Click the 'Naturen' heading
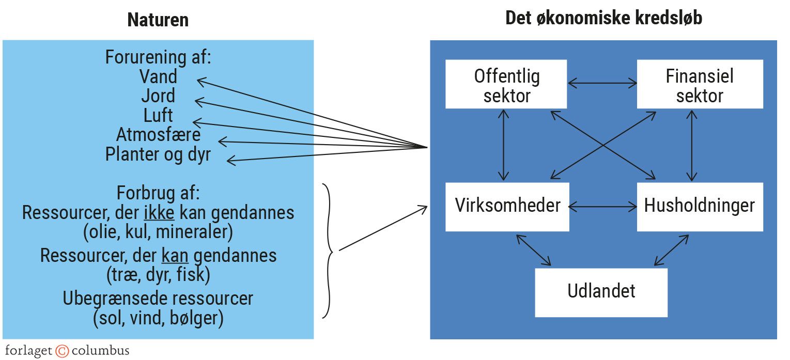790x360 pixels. point(158,20)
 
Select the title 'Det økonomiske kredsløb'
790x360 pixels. point(603,18)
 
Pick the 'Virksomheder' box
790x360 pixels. point(507,206)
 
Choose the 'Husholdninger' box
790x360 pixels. point(700,206)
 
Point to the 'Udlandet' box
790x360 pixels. point(601,291)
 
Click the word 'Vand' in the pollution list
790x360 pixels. point(158,76)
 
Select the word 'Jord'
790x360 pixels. point(158,96)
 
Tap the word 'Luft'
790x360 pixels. point(158,115)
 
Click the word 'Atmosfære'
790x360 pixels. point(158,134)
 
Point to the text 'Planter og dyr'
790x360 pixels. point(158,154)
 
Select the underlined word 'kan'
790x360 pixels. point(175,255)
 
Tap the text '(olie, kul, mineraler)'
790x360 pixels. point(158,232)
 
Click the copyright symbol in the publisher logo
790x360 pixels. point(62,351)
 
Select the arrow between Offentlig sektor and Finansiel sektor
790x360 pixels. point(602,82)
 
